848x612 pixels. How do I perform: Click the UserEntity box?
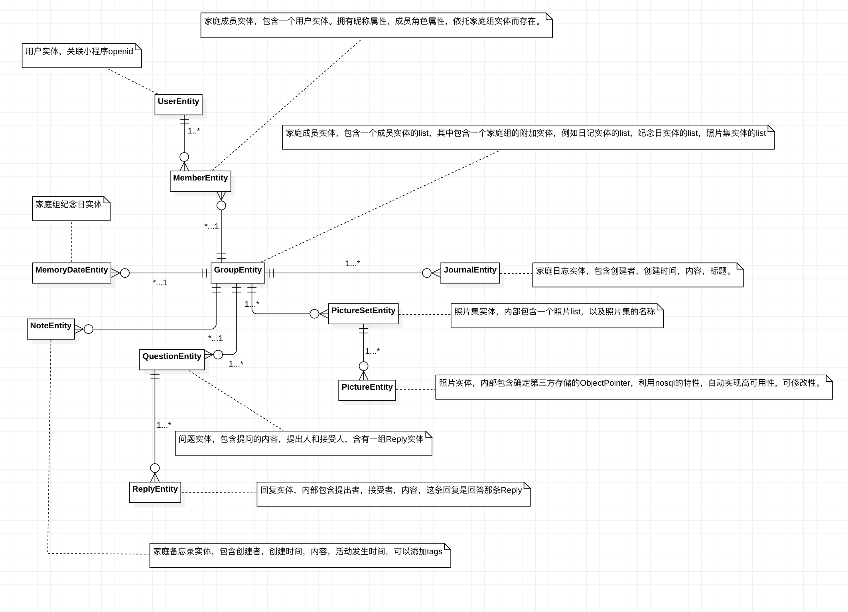pyautogui.click(x=178, y=104)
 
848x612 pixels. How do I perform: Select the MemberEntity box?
pyautogui.click(x=200, y=181)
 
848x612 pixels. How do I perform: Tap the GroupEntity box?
pyautogui.click(x=238, y=273)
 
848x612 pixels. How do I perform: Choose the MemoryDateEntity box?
pyautogui.click(x=71, y=273)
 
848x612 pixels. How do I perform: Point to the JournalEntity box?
pyautogui.click(x=470, y=273)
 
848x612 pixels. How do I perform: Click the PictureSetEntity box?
pyautogui.click(x=363, y=314)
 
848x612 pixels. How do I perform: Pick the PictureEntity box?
pyautogui.click(x=367, y=390)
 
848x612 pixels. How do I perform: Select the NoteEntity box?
pyautogui.click(x=51, y=329)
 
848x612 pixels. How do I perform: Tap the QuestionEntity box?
pyautogui.click(x=172, y=359)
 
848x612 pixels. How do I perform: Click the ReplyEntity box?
pyautogui.click(x=155, y=492)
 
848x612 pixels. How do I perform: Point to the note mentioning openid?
pyautogui.click(x=82, y=55)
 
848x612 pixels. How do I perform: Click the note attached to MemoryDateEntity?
pyautogui.click(x=71, y=208)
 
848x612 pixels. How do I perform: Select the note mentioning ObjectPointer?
pyautogui.click(x=634, y=387)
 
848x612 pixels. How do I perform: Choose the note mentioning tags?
pyautogui.click(x=300, y=555)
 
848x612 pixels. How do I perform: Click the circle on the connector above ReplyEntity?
pyautogui.click(x=155, y=468)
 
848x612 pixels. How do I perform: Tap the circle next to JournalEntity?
pyautogui.click(x=426, y=273)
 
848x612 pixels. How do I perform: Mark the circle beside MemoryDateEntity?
pyautogui.click(x=125, y=273)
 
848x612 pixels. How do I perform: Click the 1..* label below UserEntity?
pyautogui.click(x=194, y=131)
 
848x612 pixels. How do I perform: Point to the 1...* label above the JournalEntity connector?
pyautogui.click(x=353, y=263)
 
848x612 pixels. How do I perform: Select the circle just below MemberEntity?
pyautogui.click(x=221, y=205)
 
